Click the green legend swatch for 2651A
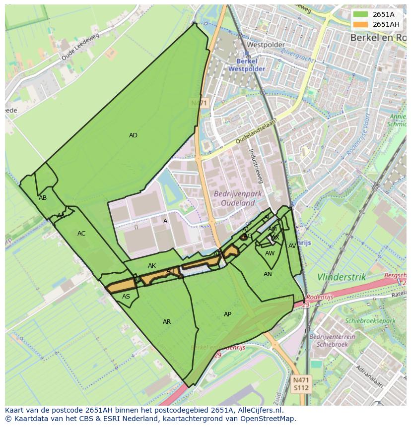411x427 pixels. click(361, 14)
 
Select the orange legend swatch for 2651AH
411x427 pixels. click(361, 24)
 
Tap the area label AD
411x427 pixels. click(133, 135)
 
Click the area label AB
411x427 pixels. click(43, 198)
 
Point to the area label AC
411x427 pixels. click(81, 234)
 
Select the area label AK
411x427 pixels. click(152, 266)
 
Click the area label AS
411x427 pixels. click(126, 297)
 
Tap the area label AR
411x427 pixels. click(167, 322)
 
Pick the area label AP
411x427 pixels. click(227, 314)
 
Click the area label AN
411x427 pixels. click(268, 274)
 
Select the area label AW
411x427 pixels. click(270, 253)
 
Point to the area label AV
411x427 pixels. click(292, 246)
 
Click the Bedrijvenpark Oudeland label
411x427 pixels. click(234, 198)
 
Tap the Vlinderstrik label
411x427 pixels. click(342, 277)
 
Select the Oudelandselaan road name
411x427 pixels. click(256, 131)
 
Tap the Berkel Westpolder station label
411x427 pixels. click(247, 65)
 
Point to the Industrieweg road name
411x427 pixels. click(258, 166)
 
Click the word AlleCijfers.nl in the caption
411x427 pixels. click(266, 410)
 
